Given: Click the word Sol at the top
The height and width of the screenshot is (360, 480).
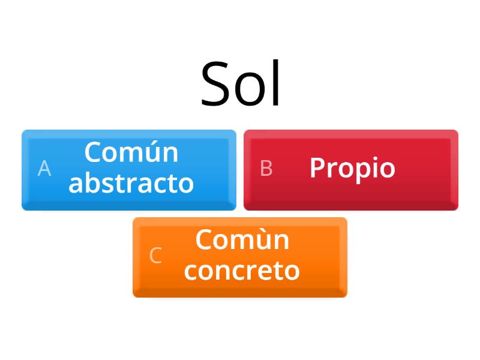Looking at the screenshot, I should [241, 84].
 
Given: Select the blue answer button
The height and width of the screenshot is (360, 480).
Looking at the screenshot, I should [129, 170].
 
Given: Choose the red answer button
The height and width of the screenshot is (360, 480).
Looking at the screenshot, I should [351, 170].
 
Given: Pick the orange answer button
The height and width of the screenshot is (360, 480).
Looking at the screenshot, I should [240, 257].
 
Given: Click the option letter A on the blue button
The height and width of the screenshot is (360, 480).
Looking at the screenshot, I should [44, 169].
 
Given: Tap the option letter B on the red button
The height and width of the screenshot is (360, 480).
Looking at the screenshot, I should [266, 169].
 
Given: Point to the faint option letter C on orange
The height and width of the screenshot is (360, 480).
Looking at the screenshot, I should [155, 256].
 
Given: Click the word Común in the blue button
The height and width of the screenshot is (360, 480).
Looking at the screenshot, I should [131, 152].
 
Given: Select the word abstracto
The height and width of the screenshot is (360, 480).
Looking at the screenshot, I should [131, 183].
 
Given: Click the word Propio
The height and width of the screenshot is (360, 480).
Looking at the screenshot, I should [352, 168].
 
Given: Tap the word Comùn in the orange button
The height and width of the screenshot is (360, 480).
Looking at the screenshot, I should [242, 240].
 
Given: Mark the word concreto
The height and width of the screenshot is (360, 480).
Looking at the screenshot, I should [242, 271].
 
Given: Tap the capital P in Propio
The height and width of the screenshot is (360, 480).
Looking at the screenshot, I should [317, 168].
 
